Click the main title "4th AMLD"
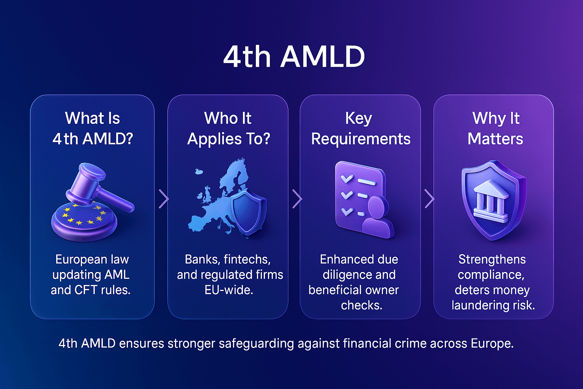tap(294, 57)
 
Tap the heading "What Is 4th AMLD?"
tap(93, 128)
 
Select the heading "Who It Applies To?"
tap(228, 128)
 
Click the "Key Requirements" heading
tap(361, 128)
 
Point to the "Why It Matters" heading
tap(495, 128)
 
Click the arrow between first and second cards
tap(164, 199)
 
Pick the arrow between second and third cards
tap(297, 199)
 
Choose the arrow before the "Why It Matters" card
tap(429, 199)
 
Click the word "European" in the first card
tap(76, 259)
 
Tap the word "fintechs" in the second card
tap(247, 259)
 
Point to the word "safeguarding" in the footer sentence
tap(256, 343)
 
